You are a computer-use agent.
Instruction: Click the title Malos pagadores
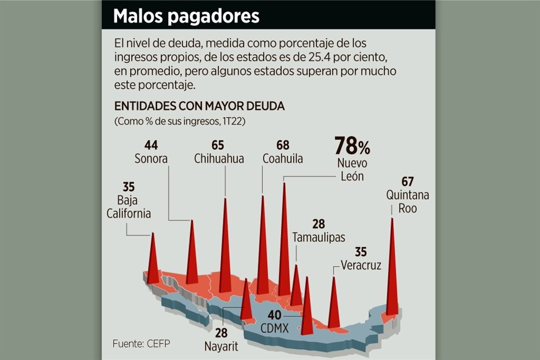click(x=186, y=16)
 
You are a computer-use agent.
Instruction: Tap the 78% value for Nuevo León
click(x=352, y=146)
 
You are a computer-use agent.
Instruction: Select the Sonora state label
click(x=151, y=159)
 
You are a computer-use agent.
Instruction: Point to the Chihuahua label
click(x=219, y=159)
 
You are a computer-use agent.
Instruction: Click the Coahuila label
click(x=282, y=159)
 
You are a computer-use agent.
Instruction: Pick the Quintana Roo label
click(x=408, y=201)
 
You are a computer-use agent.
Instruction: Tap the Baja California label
click(x=128, y=207)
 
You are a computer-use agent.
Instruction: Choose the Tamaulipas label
click(x=319, y=237)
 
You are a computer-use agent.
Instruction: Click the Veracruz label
click(x=361, y=265)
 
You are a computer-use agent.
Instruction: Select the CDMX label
click(x=274, y=326)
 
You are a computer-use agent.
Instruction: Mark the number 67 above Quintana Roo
click(x=408, y=182)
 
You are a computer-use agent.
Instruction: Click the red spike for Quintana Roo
click(x=392, y=270)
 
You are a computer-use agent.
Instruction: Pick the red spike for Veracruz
click(x=334, y=304)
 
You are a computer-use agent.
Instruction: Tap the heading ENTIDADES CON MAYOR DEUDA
click(x=199, y=106)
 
